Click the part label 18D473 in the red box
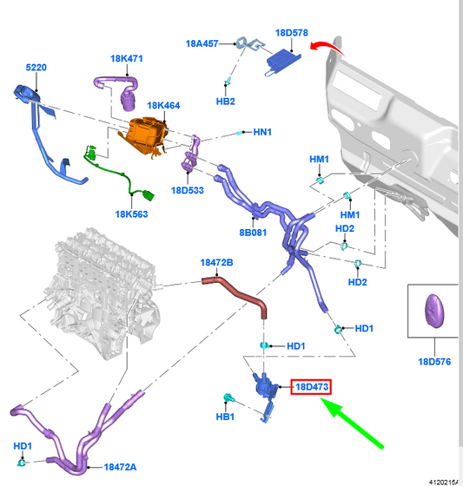pos(312,387)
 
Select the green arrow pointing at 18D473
pos(352,423)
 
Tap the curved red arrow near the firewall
pos(327,48)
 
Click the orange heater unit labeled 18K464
pos(144,135)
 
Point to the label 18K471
pos(127,59)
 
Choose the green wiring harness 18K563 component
pos(120,174)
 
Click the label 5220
pos(36,68)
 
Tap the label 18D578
pos(292,33)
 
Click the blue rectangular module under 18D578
pos(282,62)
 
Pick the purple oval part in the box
pos(434,311)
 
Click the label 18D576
pos(434,362)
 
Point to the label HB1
pos(225,417)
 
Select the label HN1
pos(262,132)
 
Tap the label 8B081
pos(253,233)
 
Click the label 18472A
pos(120,467)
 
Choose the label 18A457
pos(202,43)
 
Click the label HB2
pos(226,102)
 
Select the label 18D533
pos(188,190)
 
